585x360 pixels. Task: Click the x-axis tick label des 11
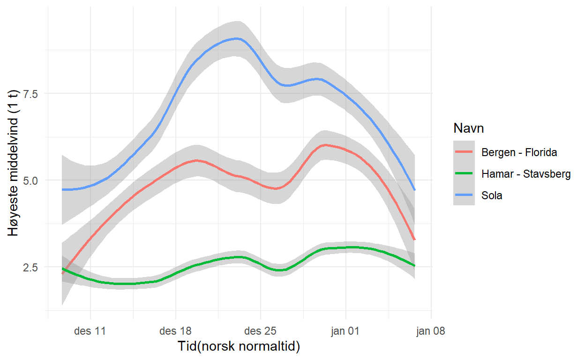point(90,331)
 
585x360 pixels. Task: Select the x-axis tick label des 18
point(175,331)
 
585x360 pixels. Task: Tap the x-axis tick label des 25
point(261,331)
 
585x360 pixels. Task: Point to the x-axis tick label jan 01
point(345,331)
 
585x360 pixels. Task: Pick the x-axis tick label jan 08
point(431,331)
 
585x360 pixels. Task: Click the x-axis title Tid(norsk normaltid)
point(239,347)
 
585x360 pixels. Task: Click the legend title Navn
point(469,128)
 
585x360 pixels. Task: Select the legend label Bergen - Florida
point(519,152)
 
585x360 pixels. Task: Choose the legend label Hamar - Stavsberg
point(525,174)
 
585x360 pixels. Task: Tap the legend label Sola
point(492,195)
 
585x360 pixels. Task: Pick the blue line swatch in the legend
point(464,195)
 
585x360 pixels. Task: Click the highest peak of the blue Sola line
point(237,38)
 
